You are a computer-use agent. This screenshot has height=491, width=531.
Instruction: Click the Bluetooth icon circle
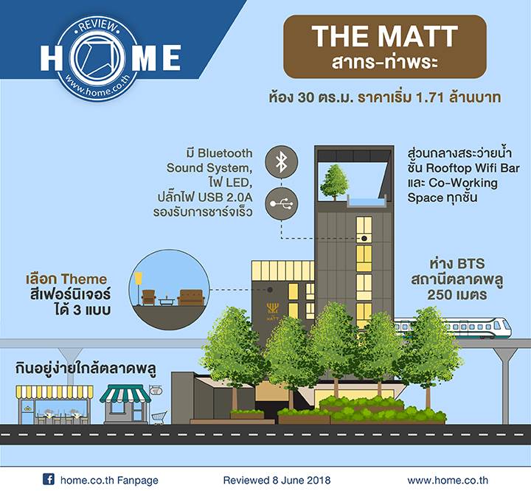coord(282,162)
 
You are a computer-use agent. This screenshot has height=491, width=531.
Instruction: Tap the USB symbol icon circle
coord(282,203)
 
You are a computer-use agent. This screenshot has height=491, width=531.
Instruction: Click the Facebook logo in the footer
coord(49,479)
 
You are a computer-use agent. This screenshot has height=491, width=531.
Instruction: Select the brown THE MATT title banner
coord(385,46)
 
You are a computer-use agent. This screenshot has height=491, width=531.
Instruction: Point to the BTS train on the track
coord(452,328)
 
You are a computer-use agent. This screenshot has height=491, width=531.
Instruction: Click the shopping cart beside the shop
coord(159,417)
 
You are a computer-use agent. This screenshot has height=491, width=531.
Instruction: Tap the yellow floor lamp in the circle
coord(138,288)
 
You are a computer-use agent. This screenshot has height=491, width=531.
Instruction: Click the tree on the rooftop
coord(335,182)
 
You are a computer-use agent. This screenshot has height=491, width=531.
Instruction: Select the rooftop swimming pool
coord(367,202)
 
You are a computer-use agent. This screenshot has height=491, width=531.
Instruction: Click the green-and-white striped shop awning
coord(125,394)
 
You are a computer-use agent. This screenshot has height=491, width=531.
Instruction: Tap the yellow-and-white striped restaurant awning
coord(55,391)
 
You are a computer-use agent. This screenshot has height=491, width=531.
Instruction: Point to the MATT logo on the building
coord(272,312)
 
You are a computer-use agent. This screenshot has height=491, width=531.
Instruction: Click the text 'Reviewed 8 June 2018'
coord(277,480)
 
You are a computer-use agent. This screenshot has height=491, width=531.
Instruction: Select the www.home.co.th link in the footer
coord(448,480)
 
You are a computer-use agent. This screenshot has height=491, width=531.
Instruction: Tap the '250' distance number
coord(440,295)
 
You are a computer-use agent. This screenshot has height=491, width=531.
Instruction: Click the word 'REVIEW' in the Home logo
coord(97,27)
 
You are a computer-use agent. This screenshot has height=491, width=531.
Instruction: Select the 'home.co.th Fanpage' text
coord(109,480)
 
